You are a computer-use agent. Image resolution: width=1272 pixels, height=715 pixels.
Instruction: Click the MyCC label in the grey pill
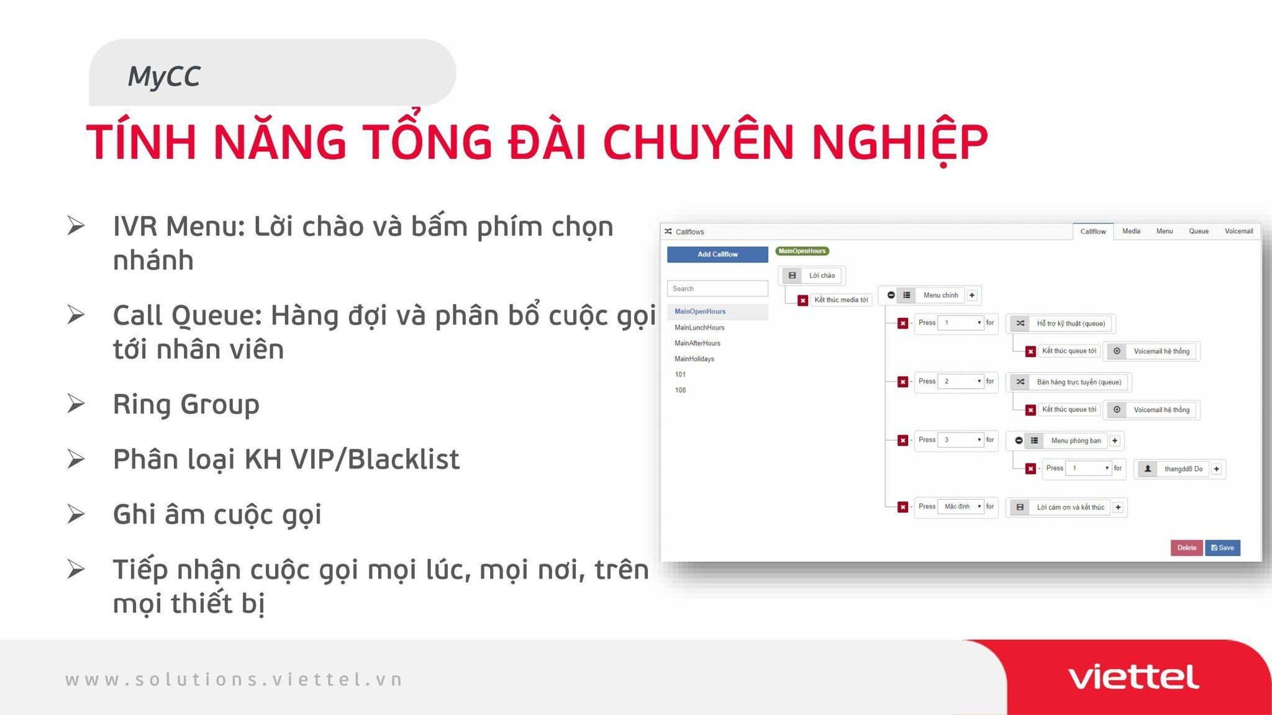164,76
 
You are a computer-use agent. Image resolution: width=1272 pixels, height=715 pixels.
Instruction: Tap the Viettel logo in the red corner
1133,677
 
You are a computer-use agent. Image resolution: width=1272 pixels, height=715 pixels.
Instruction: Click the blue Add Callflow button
717,254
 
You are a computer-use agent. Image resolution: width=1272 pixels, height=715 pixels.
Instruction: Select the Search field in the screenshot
717,289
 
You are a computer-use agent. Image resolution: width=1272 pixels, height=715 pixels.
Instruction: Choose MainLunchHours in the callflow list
699,328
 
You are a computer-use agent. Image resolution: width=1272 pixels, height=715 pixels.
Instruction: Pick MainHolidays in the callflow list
694,359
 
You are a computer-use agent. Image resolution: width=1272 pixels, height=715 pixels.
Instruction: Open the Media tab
1131,232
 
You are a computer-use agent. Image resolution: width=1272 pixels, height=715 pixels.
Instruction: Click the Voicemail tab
1238,232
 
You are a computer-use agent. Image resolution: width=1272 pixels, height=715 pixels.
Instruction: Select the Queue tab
1199,232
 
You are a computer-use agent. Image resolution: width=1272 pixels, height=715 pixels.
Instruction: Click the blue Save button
1222,548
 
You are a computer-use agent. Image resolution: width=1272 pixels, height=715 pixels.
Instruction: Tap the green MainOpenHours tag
802,251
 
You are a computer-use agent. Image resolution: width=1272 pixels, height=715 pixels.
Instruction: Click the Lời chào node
812,276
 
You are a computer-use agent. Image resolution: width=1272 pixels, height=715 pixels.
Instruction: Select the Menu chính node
932,295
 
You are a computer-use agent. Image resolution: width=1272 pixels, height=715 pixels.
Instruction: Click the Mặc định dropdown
961,507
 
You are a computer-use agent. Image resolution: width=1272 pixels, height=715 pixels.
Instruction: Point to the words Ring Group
186,405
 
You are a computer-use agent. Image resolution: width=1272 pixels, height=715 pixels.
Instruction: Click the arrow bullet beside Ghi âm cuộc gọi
76,514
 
